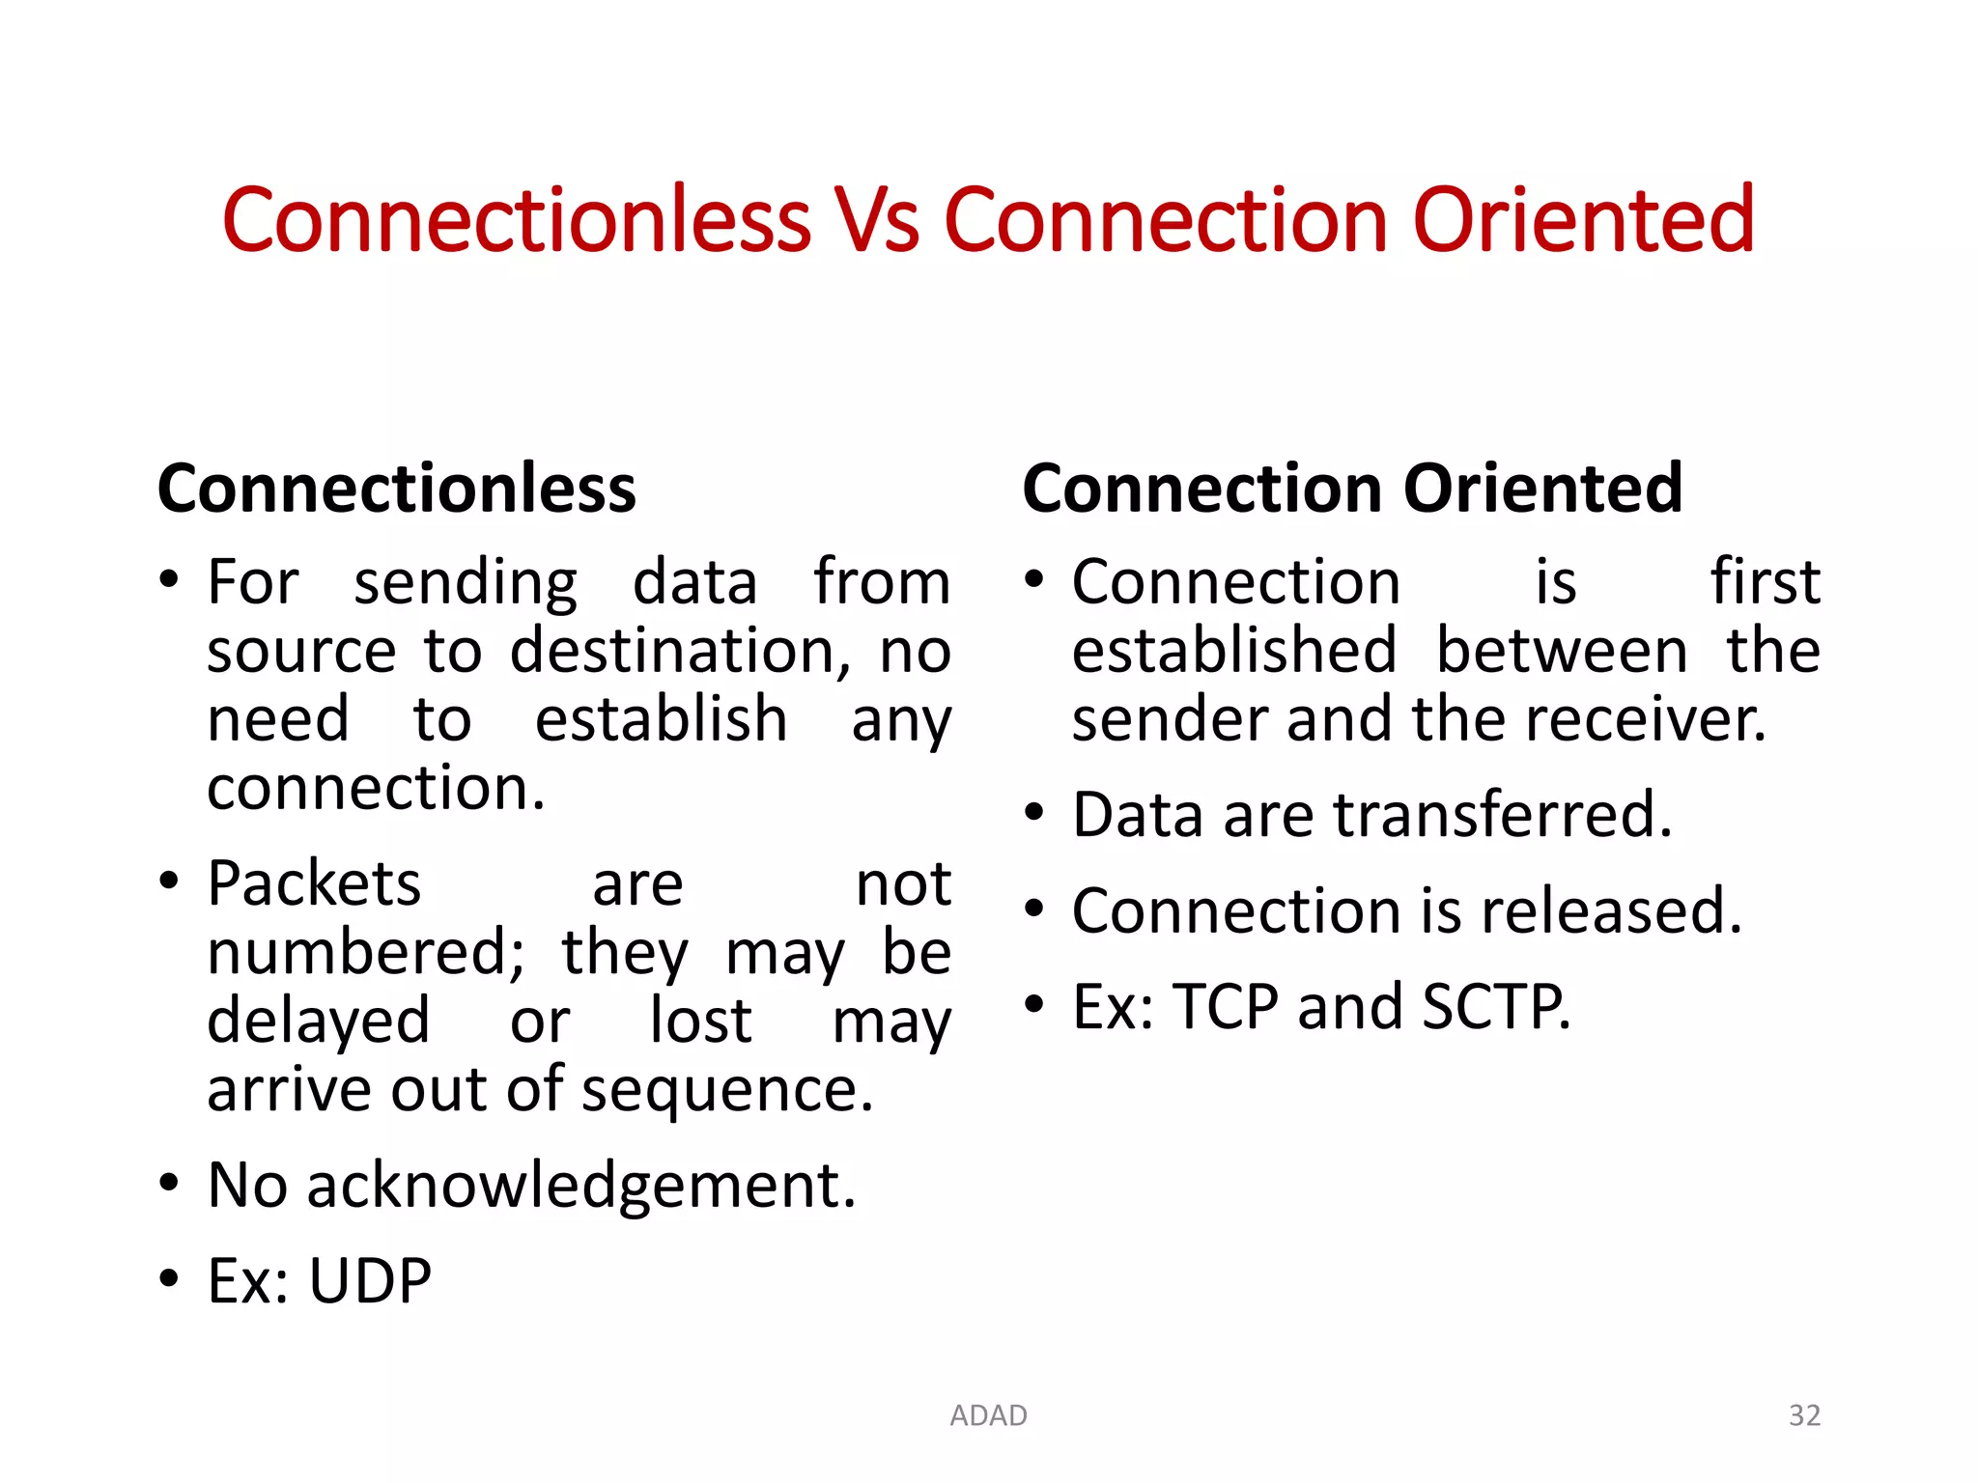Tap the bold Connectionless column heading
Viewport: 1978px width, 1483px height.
click(396, 489)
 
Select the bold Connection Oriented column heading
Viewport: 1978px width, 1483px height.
click(1352, 489)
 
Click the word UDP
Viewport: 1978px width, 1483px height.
click(370, 1282)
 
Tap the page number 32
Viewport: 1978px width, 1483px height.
click(1804, 1415)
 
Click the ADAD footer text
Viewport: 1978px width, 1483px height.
click(988, 1415)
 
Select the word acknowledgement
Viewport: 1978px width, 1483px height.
click(580, 1186)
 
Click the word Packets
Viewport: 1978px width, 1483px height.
click(314, 883)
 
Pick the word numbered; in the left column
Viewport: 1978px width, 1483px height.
click(366, 953)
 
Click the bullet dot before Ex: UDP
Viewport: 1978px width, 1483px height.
click(170, 1278)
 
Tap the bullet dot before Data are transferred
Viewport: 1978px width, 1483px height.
click(1034, 812)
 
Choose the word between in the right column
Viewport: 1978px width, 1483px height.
click(1562, 651)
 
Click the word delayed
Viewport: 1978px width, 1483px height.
click(319, 1021)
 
